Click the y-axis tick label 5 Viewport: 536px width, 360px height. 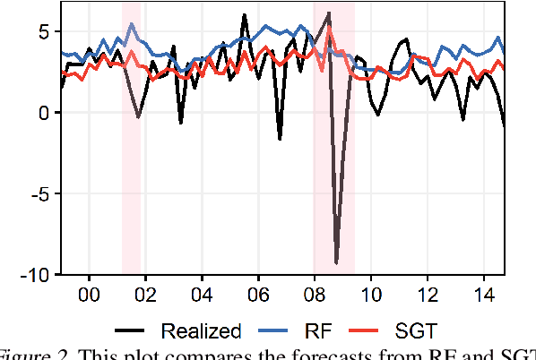coord(45,32)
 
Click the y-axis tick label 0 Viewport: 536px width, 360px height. coord(45,113)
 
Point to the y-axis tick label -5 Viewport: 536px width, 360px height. coord(40,193)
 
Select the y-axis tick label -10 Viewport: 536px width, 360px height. coord(36,273)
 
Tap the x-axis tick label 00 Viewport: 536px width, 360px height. coord(90,295)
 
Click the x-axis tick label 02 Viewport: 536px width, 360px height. coord(145,295)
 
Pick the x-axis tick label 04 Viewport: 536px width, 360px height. coord(202,295)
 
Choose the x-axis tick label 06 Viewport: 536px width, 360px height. coord(258,295)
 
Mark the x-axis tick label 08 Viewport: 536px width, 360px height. coord(315,295)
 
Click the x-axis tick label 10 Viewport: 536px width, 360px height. coord(371,295)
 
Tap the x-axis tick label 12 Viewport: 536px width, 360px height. coord(428,295)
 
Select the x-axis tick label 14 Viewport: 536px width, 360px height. coord(484,295)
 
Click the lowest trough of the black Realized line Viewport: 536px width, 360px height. coord(336,262)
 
